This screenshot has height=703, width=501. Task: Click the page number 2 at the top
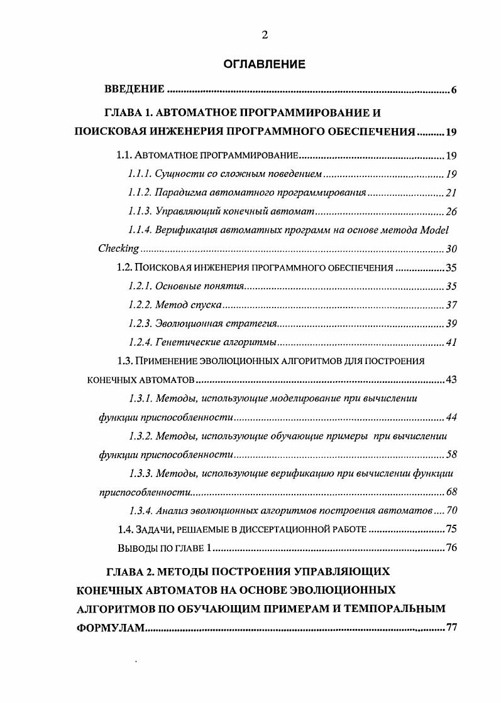[265, 35]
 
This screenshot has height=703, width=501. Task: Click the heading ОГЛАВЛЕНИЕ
[265, 64]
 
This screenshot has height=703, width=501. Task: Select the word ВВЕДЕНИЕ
[134, 90]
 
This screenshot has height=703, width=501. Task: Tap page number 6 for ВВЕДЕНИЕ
[453, 90]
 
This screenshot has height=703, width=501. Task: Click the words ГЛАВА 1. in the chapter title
[128, 113]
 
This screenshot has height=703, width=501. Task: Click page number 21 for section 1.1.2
[451, 193]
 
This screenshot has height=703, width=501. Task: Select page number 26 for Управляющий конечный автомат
[451, 212]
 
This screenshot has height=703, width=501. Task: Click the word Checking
[118, 249]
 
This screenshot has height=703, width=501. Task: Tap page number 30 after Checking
[451, 249]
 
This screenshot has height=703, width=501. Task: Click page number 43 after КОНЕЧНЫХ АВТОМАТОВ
[451, 380]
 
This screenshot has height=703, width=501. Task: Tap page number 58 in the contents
[451, 454]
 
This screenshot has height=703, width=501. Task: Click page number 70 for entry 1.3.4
[451, 510]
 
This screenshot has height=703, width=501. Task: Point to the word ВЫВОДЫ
[138, 548]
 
